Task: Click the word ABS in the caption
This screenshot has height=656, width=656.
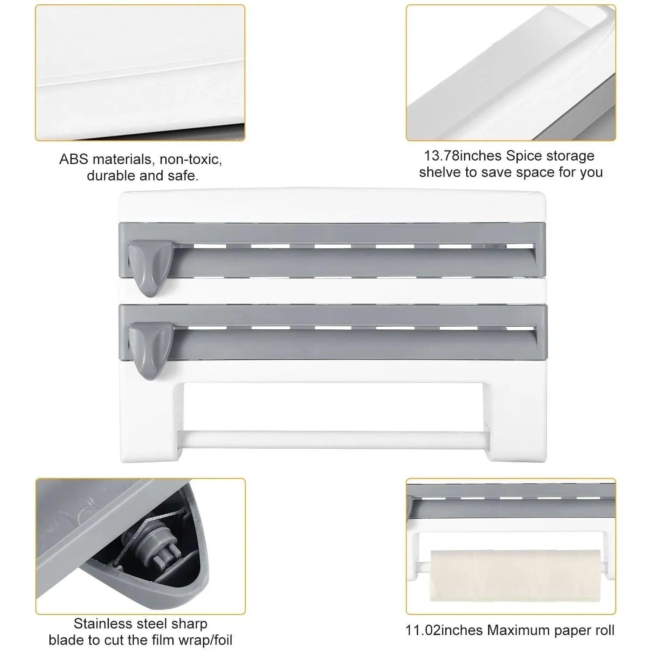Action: [x=73, y=160]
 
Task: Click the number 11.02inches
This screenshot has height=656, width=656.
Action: [x=444, y=630]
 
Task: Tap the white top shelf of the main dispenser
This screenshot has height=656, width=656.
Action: [x=332, y=206]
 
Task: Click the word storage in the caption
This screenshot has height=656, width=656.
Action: [x=570, y=156]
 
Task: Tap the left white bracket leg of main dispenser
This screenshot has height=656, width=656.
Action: [x=149, y=420]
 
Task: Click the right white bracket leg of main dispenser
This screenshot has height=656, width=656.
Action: [x=516, y=420]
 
